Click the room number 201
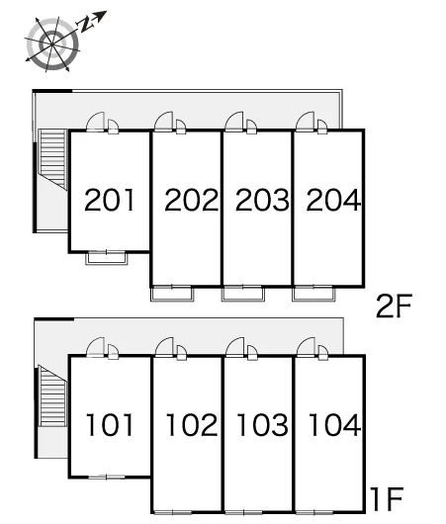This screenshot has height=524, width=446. click(110, 200)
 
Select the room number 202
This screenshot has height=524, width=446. click(191, 200)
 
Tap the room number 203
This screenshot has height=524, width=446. click(262, 200)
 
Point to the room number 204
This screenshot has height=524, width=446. click(333, 200)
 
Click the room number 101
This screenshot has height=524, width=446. click(110, 424)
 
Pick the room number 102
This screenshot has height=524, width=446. click(192, 424)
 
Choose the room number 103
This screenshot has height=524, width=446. click(262, 424)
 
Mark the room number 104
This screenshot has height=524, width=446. click(334, 424)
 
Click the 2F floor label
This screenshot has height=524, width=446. click(394, 306)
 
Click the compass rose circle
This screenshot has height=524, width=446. click(52, 44)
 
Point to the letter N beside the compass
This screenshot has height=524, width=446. click(85, 25)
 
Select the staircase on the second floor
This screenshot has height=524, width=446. click(52, 159)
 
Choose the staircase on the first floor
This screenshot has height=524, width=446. click(52, 395)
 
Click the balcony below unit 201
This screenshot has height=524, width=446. click(107, 259)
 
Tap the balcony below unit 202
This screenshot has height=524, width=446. click(172, 294)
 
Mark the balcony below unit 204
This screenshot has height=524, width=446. click(313, 294)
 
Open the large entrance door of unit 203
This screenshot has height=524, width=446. click(234, 122)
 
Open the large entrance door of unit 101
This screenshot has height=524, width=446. click(95, 347)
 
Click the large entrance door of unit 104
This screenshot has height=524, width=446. click(306, 347)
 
